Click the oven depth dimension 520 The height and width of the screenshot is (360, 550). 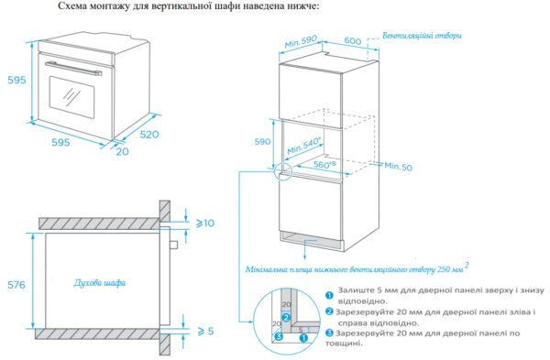tap(149, 135)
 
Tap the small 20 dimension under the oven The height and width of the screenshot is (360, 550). tap(123, 151)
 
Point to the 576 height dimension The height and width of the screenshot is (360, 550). tap(16, 285)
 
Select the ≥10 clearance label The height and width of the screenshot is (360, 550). tap(205, 223)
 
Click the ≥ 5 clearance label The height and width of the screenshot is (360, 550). tap(205, 331)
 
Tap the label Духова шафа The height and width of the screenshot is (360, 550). tap(100, 282)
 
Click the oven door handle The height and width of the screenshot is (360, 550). tap(73, 68)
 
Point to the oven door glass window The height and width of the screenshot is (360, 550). tap(71, 97)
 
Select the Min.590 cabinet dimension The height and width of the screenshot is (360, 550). tap(301, 41)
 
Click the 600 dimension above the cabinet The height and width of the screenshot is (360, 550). tap(352, 40)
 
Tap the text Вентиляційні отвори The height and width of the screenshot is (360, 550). tap(422, 36)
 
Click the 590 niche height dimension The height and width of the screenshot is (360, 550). tap(262, 141)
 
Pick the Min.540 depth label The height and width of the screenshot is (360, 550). tap(304, 146)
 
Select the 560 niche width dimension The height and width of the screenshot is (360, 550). tap(324, 164)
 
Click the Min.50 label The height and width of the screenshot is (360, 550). tap(399, 166)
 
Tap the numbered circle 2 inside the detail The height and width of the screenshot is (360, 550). tap(286, 318)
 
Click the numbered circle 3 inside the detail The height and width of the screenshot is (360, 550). tap(279, 337)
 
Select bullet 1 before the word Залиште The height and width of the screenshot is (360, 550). tap(329, 295)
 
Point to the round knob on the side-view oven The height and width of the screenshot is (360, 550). tap(174, 245)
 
